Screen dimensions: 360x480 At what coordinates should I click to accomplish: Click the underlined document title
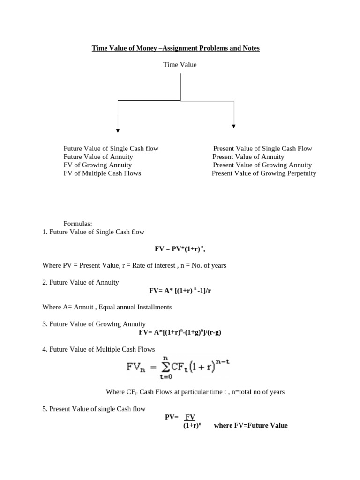tap(175, 48)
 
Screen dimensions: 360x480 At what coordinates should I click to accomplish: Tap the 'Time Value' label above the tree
tap(180, 65)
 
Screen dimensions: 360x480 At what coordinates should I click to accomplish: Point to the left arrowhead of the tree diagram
tap(118, 130)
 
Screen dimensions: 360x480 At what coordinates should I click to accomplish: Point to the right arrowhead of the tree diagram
tap(234, 126)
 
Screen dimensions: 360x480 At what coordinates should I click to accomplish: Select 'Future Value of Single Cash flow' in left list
tap(111, 149)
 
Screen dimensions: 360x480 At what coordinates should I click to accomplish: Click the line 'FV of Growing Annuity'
tap(97, 165)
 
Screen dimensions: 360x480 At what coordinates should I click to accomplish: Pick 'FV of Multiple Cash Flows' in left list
tap(102, 173)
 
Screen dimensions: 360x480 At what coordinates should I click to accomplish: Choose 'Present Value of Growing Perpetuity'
tap(264, 173)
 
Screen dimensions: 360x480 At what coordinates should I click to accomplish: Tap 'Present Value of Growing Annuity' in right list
tap(262, 165)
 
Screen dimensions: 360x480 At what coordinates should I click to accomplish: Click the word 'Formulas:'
tap(78, 224)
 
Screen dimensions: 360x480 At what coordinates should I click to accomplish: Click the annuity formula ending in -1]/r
tap(177, 291)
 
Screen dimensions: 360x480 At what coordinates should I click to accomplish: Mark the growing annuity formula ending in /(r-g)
tap(180, 332)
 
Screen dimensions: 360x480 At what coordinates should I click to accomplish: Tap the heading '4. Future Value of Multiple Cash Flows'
tap(98, 349)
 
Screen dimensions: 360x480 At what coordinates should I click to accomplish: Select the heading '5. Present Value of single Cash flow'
tap(94, 409)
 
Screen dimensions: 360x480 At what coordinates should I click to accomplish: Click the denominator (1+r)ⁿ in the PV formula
tap(192, 426)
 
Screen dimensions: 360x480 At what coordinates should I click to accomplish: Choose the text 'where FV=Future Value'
tap(250, 426)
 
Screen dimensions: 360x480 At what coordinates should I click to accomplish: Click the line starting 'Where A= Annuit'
tap(107, 307)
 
